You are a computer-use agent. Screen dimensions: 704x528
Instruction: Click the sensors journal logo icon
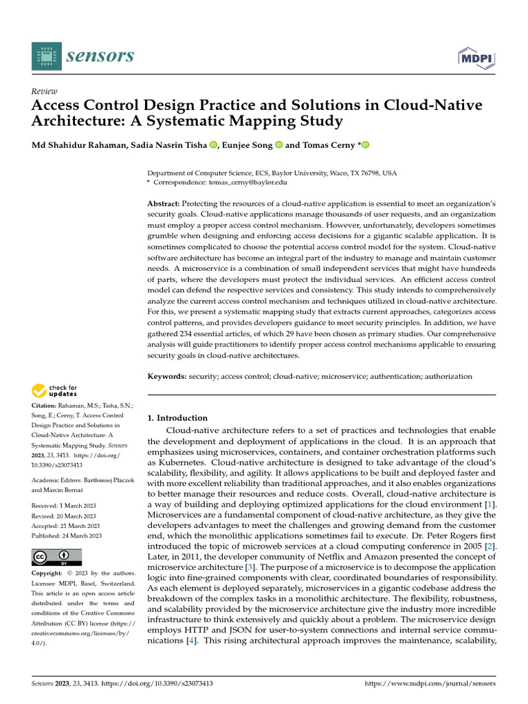46,56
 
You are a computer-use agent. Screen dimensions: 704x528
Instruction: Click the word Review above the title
45,91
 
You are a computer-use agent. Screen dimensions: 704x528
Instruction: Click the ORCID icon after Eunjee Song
279,145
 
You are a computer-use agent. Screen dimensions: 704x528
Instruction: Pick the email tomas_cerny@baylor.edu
248,183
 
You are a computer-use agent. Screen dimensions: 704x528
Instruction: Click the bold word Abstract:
164,205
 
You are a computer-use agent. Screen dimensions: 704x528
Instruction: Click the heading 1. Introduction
178,417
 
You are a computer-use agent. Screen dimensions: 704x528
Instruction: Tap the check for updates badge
55,392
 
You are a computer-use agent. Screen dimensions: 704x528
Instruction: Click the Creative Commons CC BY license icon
56,557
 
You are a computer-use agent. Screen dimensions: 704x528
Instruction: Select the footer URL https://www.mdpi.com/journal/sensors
429,684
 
